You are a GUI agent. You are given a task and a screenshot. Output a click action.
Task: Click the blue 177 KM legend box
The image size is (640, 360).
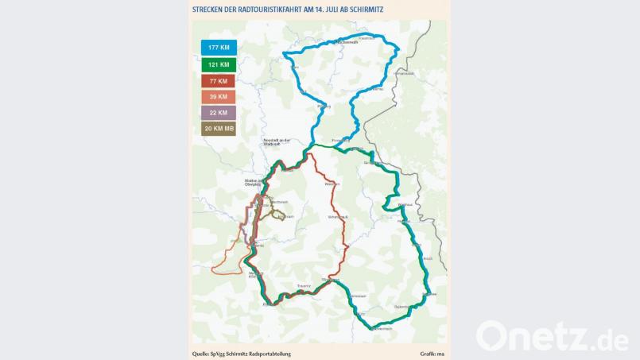tap(218, 48)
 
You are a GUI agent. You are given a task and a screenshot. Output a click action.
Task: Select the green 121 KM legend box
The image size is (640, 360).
tap(218, 64)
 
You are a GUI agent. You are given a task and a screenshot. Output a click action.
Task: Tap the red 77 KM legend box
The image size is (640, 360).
tap(218, 81)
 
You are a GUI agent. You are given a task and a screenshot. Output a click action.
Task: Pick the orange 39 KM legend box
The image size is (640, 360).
tap(218, 97)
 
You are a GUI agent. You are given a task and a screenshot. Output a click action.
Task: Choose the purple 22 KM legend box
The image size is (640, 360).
tap(218, 113)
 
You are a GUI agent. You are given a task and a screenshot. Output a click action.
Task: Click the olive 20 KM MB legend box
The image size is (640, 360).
tap(218, 129)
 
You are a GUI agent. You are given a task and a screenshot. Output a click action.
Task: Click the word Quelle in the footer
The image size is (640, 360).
tap(200, 353)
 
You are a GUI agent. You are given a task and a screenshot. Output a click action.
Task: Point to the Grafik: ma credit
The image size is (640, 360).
tap(432, 353)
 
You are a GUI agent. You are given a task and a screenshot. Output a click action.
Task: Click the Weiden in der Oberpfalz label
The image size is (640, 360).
tap(254, 184)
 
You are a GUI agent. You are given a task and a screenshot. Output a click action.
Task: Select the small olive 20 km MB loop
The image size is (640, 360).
tap(279, 213)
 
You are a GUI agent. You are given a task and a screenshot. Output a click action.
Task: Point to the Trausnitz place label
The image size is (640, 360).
tap(304, 285)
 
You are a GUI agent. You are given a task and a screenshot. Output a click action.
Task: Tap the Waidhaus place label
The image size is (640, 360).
tap(405, 204)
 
